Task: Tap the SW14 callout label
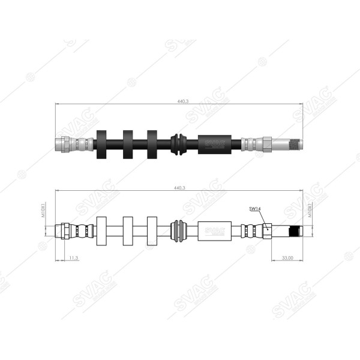click(x=255, y=209)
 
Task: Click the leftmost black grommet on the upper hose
click(x=101, y=144)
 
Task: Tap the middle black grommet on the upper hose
click(x=128, y=144)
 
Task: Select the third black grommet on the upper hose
click(x=152, y=144)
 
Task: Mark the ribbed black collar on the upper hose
click(x=178, y=144)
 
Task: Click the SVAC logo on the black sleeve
click(x=215, y=144)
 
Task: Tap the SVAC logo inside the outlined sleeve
click(x=215, y=230)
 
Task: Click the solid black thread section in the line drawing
click(x=294, y=231)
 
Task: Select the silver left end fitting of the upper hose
click(x=65, y=144)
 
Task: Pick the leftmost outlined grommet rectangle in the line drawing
click(x=101, y=230)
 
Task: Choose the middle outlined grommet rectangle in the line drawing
click(x=128, y=230)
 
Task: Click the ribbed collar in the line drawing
click(x=178, y=230)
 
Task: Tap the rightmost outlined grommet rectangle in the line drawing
click(x=152, y=230)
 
